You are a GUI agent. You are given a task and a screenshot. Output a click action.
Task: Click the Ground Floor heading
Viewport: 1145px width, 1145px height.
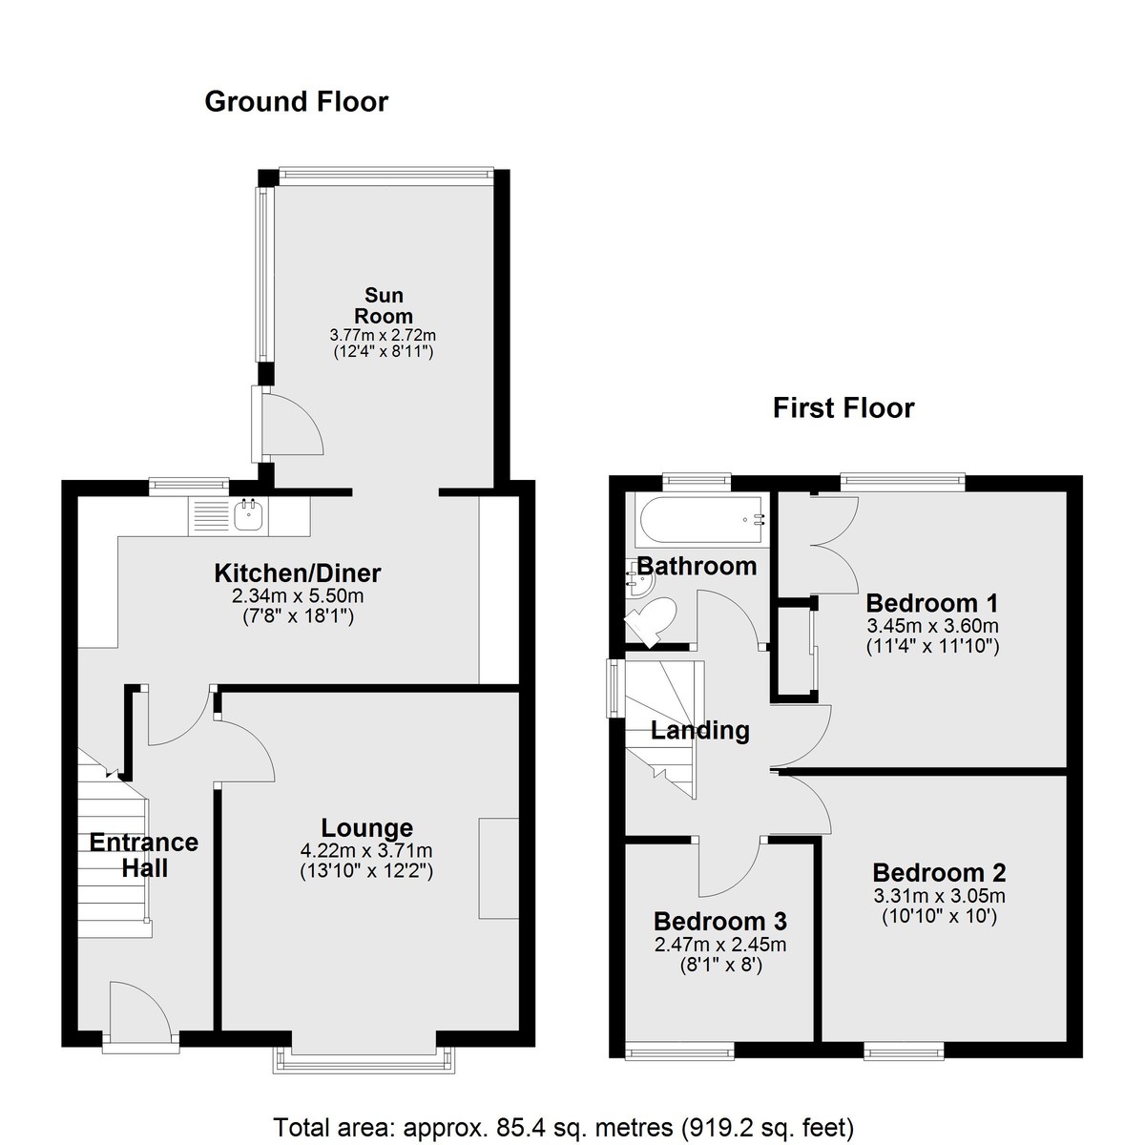tap(297, 101)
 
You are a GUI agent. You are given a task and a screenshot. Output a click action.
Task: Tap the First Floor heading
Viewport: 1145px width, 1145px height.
tap(843, 408)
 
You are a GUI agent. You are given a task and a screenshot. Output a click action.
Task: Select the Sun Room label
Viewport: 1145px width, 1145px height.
tap(384, 305)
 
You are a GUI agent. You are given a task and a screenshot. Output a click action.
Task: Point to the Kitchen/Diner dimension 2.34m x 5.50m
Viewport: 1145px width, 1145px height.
tap(298, 595)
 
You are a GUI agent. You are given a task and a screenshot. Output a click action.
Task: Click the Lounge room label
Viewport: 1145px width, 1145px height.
tap(367, 827)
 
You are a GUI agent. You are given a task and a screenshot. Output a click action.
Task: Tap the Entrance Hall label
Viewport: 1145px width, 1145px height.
tap(144, 855)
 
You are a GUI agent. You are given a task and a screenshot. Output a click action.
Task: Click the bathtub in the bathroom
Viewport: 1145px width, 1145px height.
tap(701, 520)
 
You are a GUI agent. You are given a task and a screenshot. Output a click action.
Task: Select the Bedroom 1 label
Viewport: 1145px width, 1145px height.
tap(931, 603)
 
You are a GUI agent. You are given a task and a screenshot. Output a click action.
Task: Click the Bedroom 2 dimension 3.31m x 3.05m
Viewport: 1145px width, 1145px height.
tap(939, 895)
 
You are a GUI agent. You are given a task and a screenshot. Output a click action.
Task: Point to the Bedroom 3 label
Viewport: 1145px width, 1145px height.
tap(720, 922)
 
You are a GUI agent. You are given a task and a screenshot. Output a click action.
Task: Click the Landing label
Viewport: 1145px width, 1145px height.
tap(700, 730)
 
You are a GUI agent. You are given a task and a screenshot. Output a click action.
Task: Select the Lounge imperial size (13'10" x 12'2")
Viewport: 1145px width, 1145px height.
tap(366, 872)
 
